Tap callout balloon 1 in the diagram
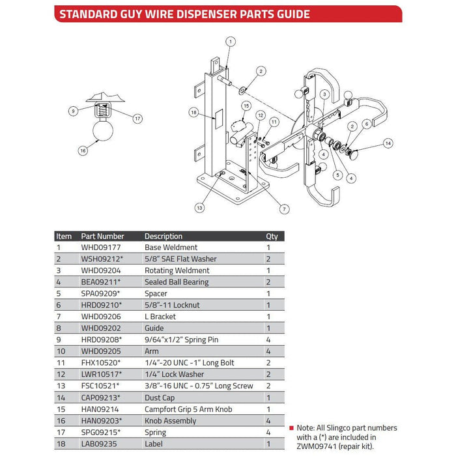coord(230,41)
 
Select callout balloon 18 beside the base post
coord(193,113)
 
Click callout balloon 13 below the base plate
coord(199,207)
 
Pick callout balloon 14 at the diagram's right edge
coord(388,143)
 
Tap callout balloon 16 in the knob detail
coord(83,150)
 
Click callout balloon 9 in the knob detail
coord(74,111)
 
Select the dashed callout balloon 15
coord(246,106)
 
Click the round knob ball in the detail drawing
coord(102,131)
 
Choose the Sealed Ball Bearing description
coord(176,282)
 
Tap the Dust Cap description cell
coord(160,397)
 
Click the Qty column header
coord(271,236)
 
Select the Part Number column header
coord(102,236)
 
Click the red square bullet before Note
coord(291,428)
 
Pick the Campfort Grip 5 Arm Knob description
coord(188,409)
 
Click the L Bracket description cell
coord(160,317)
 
